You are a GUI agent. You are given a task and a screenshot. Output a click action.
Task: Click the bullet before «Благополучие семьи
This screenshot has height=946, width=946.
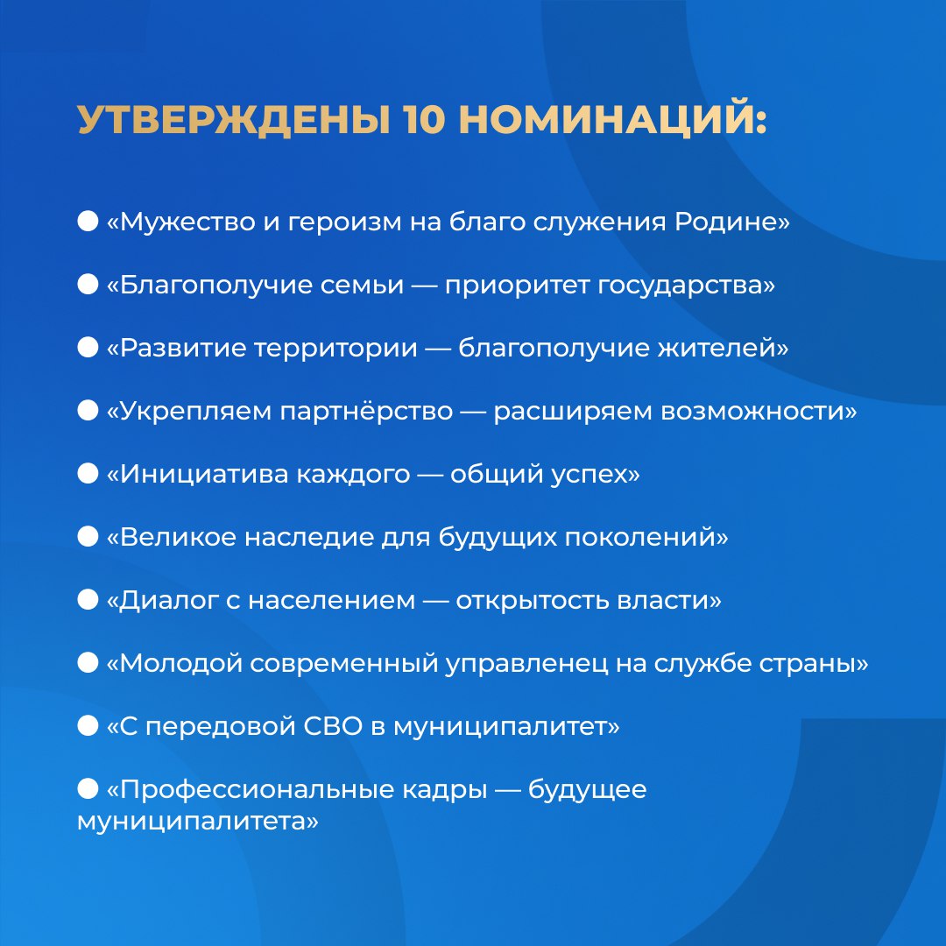point(88,285)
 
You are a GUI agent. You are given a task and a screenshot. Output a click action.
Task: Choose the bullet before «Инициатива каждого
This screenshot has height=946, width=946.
point(88,474)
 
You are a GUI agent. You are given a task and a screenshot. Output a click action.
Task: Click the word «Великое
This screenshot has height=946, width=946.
point(172,538)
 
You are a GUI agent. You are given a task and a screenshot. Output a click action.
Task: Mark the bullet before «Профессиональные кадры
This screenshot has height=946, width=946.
point(88,789)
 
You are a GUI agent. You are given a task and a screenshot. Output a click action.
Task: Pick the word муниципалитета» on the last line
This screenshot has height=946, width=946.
point(197,822)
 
